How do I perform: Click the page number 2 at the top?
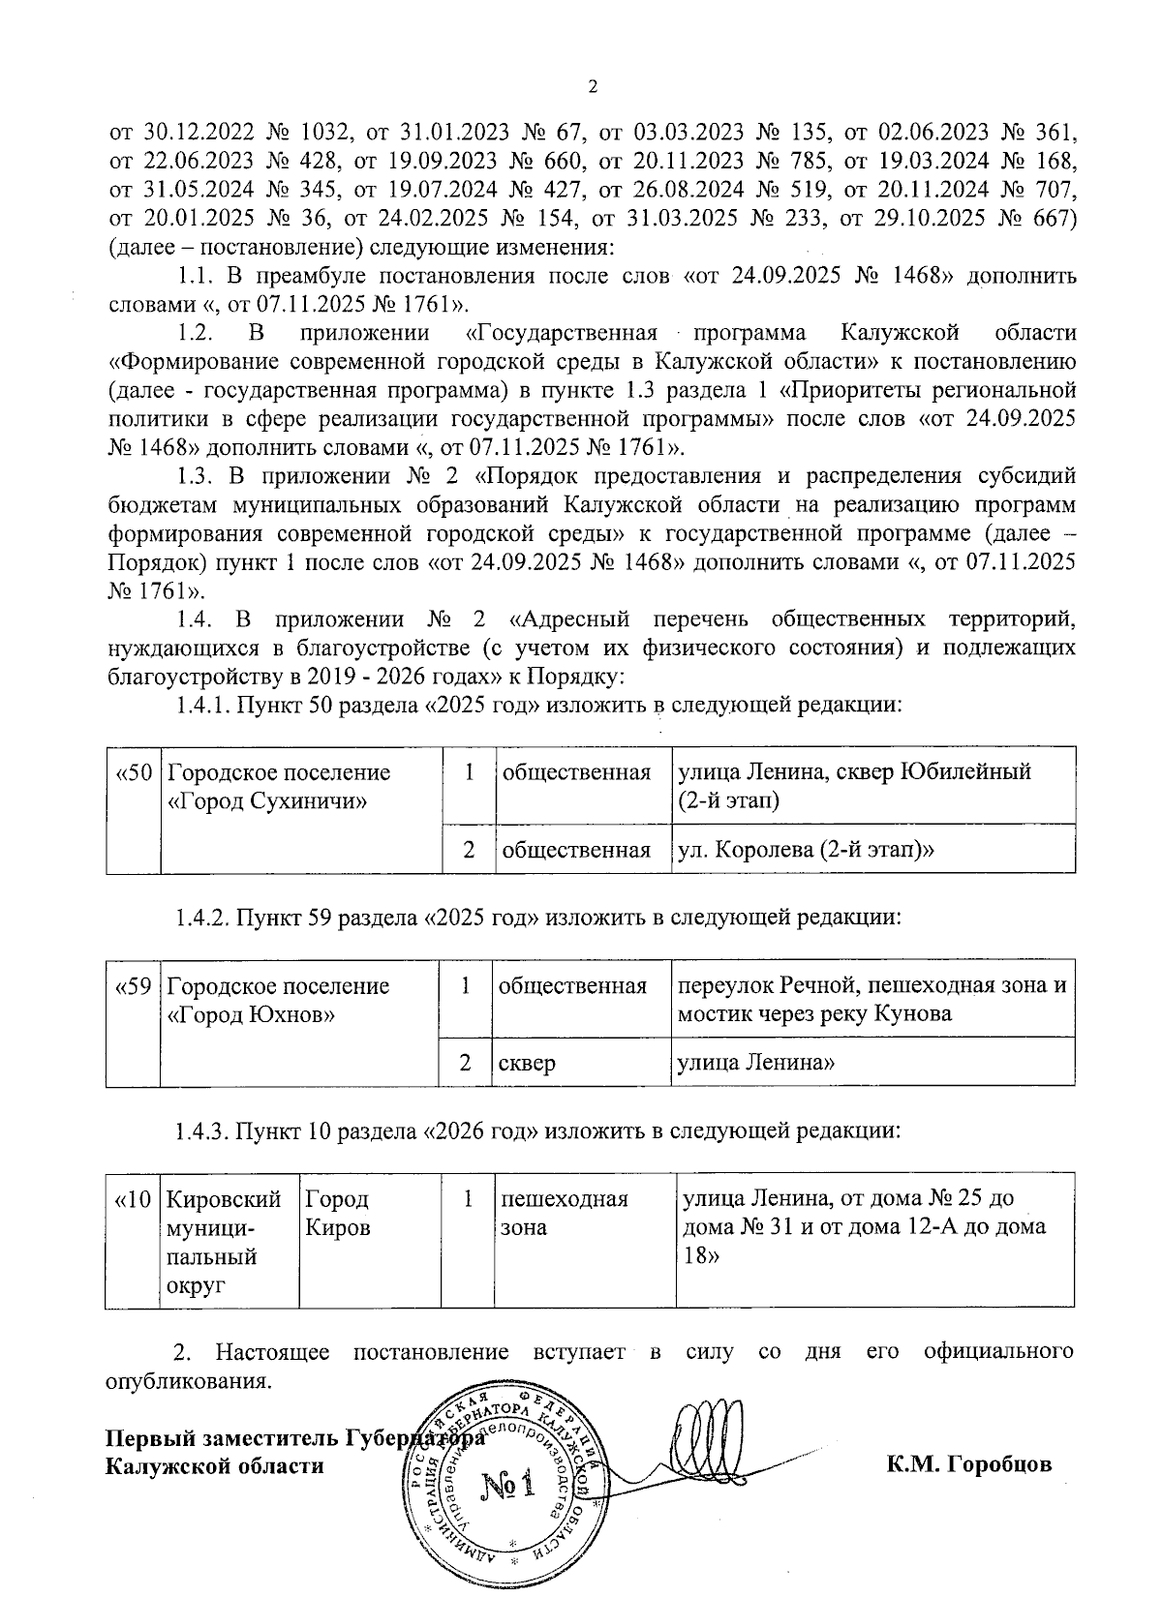pyautogui.click(x=593, y=88)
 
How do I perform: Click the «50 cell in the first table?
pyautogui.click(x=133, y=774)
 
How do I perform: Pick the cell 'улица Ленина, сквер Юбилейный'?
pyautogui.click(x=854, y=785)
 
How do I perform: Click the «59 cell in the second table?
pyautogui.click(x=133, y=987)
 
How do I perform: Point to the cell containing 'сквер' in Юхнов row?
pyautogui.click(x=527, y=1063)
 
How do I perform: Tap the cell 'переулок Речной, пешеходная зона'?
pyautogui.click(x=871, y=999)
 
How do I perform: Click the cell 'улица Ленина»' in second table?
pyautogui.click(x=756, y=1063)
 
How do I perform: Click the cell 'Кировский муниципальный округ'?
pyautogui.click(x=224, y=1242)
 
